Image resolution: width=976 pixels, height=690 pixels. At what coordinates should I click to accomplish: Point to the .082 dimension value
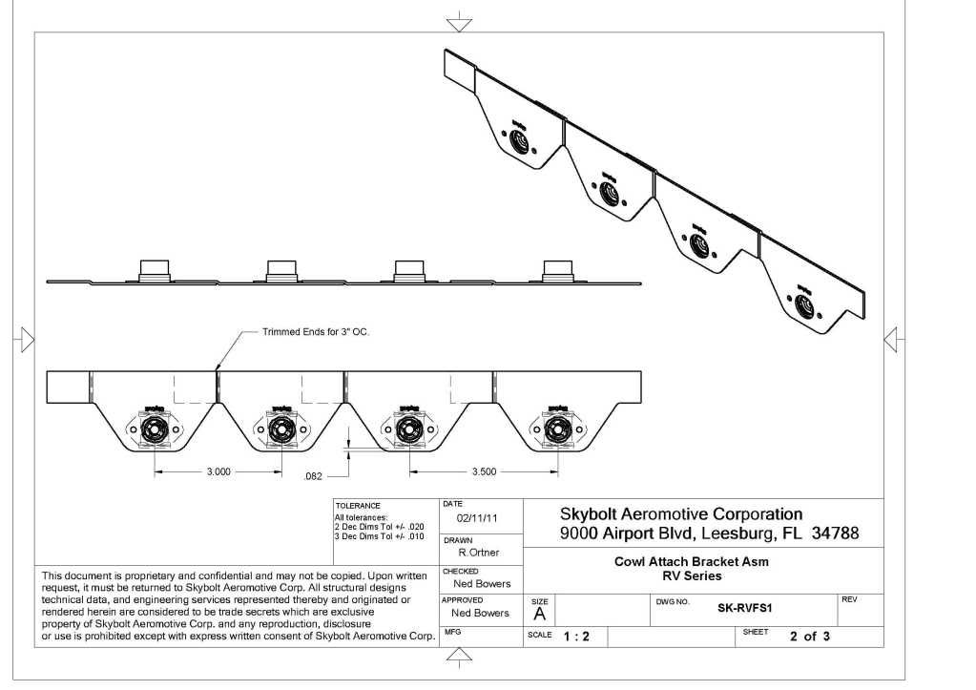coord(311,475)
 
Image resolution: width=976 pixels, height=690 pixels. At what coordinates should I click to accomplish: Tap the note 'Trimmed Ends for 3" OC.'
coord(315,332)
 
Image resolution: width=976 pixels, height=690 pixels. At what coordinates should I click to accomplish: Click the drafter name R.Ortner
coord(478,553)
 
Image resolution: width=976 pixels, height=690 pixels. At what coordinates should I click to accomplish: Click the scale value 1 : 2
coord(575,637)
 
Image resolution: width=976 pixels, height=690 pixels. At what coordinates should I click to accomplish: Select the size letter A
coord(539,616)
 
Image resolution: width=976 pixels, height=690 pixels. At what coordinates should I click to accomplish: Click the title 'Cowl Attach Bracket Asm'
coord(691,561)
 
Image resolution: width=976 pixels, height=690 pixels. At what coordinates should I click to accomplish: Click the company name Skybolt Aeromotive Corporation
coord(680,514)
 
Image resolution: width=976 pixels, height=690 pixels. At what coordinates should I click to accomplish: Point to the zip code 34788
coord(834,533)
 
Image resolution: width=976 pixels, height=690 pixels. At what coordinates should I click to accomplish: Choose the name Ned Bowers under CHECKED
coord(482,583)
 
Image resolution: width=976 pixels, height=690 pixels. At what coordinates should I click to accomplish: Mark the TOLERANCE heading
coord(358,506)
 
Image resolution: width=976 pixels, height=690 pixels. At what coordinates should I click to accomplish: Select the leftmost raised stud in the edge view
coord(154,268)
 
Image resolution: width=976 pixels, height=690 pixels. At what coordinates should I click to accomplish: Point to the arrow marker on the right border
coord(891,338)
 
